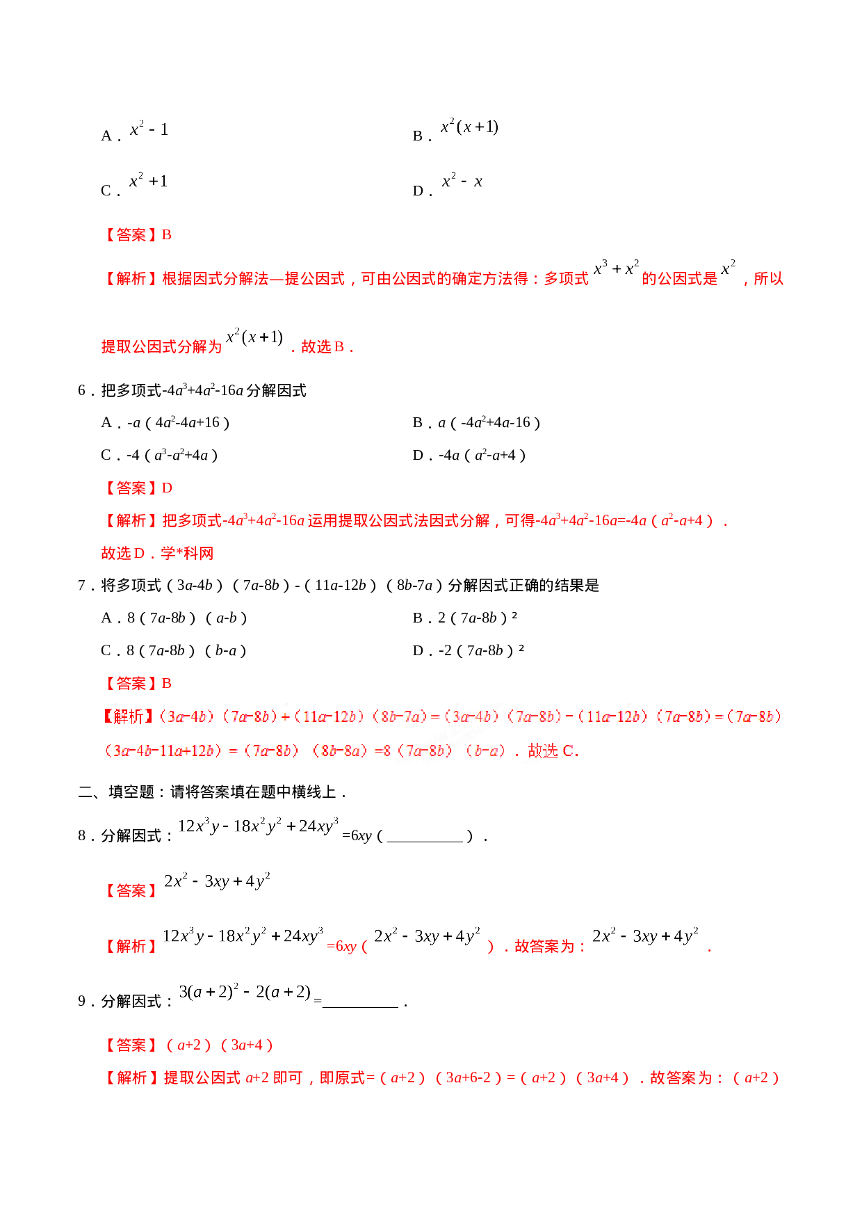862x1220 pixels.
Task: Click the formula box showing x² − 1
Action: point(147,128)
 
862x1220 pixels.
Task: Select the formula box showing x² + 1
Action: point(147,179)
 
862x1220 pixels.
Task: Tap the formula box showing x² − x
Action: point(462,179)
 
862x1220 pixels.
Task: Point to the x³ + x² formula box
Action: point(615,268)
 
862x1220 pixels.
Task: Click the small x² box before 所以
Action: point(728,267)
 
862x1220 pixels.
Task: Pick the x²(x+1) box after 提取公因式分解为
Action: point(254,337)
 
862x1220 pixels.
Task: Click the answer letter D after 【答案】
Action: point(168,488)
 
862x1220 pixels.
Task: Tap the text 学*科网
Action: point(188,554)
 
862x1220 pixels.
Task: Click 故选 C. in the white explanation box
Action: point(553,751)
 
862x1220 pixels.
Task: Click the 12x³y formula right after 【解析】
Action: point(243,936)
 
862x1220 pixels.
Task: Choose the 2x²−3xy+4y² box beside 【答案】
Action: point(217,881)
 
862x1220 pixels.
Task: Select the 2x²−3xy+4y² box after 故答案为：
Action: point(645,936)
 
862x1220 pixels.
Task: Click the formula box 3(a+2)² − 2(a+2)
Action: point(245,991)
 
